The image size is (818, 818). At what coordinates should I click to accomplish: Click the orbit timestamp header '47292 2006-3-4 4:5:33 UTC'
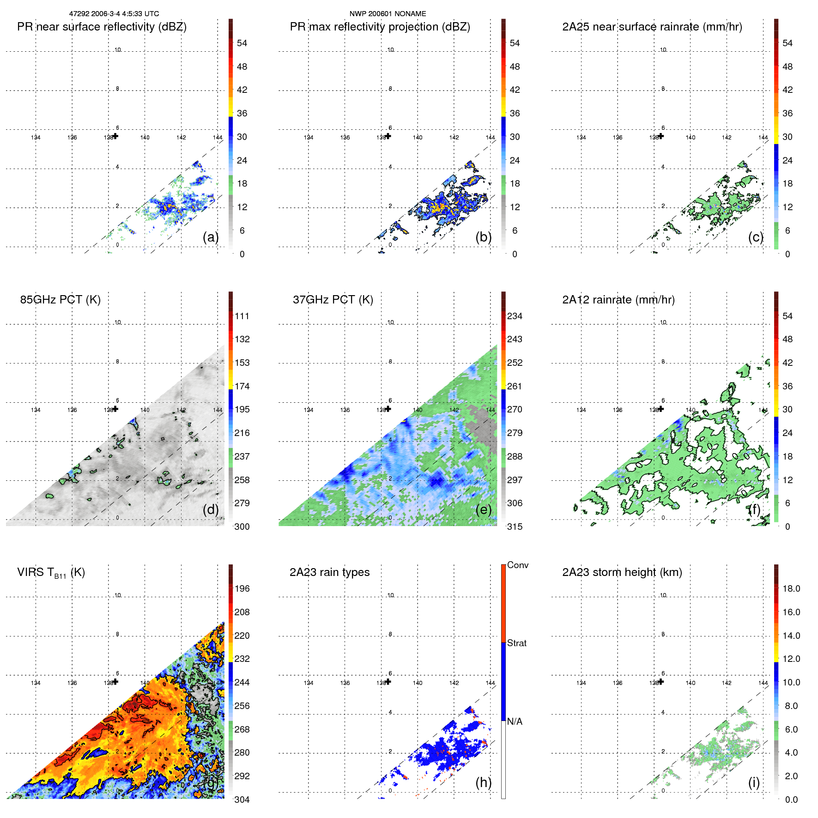point(114,14)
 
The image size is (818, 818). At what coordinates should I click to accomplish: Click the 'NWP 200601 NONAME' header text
point(388,14)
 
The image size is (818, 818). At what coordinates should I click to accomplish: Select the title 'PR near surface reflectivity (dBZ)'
point(102,27)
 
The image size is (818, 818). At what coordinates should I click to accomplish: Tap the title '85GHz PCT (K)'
point(60,300)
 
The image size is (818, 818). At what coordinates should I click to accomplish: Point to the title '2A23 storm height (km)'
point(622,572)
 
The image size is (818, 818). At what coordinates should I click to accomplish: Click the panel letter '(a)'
point(211,237)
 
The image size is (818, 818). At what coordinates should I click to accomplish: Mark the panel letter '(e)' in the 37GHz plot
point(483,509)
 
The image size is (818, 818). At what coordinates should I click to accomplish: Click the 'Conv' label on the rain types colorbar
point(517,565)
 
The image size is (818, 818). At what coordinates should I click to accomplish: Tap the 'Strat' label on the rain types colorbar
point(516,643)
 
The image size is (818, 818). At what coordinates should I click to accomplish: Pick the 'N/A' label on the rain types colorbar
point(515,721)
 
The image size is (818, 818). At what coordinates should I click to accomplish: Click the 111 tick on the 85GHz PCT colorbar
point(242,316)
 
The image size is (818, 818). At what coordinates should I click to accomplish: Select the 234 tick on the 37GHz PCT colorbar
point(515,316)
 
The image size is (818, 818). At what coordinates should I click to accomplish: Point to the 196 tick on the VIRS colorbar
point(242,588)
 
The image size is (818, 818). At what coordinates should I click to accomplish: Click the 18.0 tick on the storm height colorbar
point(791,588)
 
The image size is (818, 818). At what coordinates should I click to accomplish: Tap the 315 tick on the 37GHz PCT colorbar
point(515,527)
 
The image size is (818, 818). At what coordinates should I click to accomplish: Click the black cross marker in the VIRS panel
point(115,681)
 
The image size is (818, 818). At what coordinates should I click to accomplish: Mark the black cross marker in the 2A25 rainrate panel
point(661,136)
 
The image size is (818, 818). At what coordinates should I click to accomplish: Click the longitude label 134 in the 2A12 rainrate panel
point(581,410)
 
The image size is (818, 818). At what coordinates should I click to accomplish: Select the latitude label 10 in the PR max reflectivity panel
point(391,50)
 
